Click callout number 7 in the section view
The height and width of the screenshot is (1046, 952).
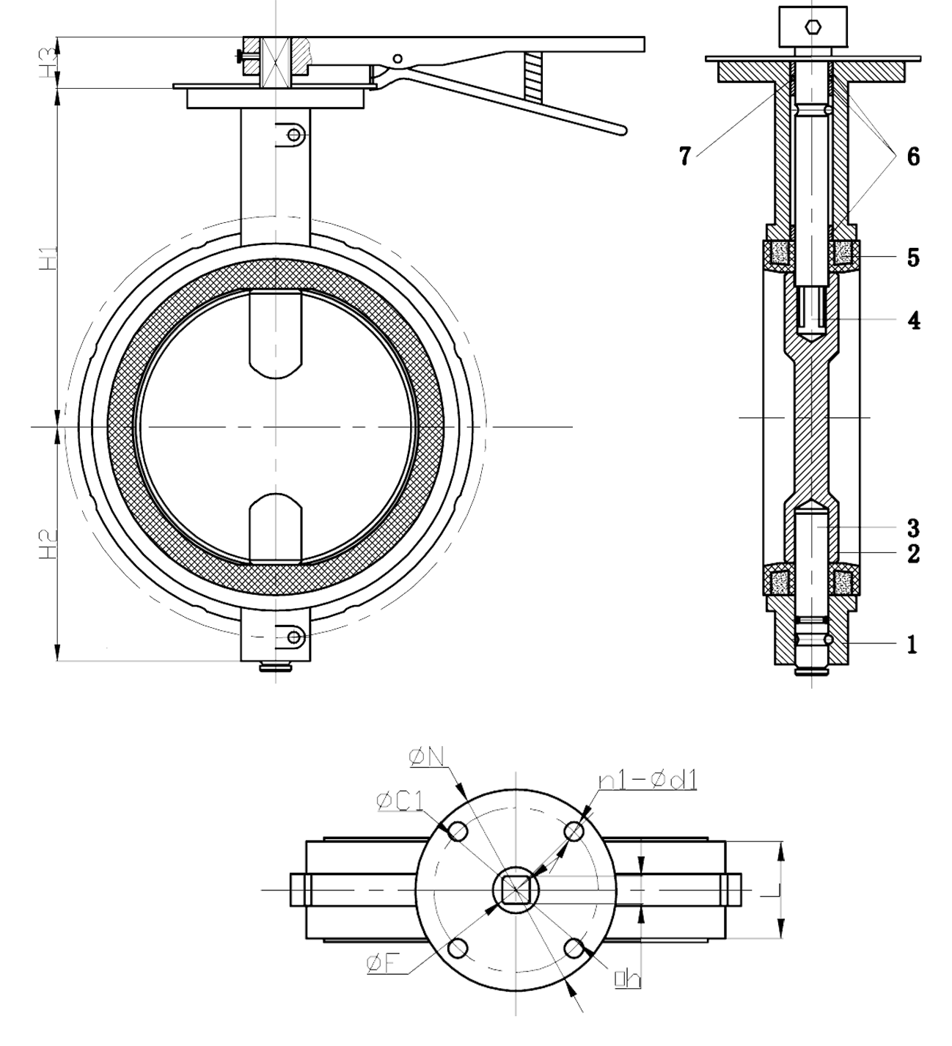684,156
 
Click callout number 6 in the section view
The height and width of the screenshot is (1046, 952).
913,156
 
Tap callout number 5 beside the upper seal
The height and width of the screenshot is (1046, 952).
913,258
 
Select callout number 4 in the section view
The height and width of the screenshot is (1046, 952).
913,321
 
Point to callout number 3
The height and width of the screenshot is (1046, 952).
914,527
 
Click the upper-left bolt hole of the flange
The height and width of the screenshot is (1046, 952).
458,832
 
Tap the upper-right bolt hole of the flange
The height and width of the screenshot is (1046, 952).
574,832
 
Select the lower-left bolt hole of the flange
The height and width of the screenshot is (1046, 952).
458,948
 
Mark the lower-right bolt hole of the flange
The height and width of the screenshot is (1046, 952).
574,948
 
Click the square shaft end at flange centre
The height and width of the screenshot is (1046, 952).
516,890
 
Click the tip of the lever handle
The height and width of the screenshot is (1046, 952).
623,131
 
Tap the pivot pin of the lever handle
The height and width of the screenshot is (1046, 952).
397,59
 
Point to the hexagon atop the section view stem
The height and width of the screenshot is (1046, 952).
811,27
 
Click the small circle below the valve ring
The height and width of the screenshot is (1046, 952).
295,637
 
